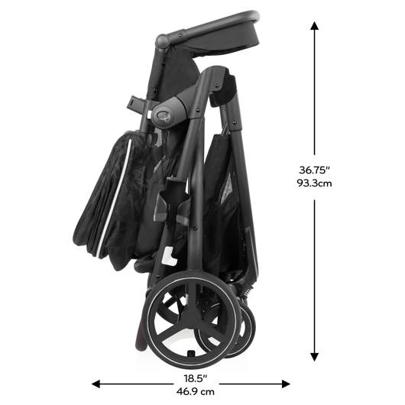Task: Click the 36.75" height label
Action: tap(314, 170)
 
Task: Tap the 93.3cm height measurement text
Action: tap(314, 183)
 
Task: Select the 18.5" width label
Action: tap(196, 379)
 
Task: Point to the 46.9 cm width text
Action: tap(196, 392)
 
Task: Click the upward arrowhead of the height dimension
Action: tap(314, 25)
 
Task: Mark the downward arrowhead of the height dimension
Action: tap(314, 357)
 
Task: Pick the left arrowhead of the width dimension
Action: tap(96, 384)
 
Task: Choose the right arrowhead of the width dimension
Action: tap(287, 384)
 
